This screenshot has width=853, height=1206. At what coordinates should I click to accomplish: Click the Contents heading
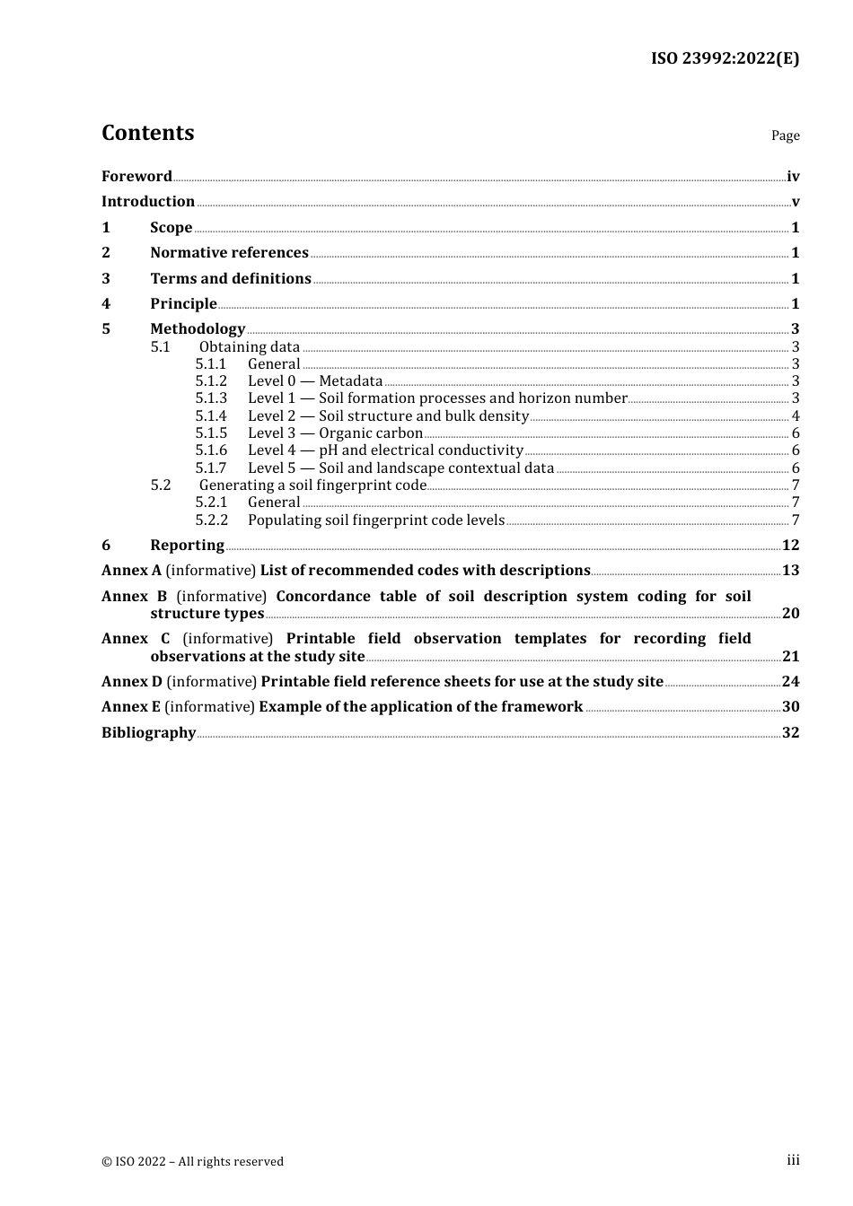(147, 133)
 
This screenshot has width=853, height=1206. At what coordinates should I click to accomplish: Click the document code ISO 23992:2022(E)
(725, 58)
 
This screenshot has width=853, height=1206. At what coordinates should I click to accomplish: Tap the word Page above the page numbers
(785, 135)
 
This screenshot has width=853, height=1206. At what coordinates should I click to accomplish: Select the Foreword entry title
(136, 177)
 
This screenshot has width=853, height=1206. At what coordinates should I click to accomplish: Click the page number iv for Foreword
(793, 177)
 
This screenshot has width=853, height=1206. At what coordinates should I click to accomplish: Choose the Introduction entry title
(148, 202)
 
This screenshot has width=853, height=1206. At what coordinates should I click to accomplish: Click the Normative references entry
(229, 253)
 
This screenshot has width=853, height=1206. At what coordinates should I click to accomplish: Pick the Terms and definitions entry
(231, 279)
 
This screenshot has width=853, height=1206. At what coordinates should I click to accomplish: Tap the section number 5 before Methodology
(106, 329)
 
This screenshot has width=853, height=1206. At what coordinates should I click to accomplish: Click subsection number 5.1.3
(211, 398)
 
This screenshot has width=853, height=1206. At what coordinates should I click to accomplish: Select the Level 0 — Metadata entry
(315, 381)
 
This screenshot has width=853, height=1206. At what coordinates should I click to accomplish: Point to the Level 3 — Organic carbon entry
(335, 433)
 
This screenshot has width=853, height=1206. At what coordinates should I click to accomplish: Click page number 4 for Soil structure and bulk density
(796, 416)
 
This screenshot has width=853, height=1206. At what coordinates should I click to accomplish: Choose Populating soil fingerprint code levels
(376, 520)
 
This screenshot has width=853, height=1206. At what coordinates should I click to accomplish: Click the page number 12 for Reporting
(790, 546)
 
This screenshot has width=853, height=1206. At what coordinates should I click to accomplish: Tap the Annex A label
(131, 571)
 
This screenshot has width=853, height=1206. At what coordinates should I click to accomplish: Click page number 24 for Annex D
(790, 682)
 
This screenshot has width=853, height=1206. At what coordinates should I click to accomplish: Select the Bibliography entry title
(148, 733)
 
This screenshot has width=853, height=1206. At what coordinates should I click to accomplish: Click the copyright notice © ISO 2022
(192, 1162)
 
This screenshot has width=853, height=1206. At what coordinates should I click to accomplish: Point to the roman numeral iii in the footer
(793, 1160)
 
